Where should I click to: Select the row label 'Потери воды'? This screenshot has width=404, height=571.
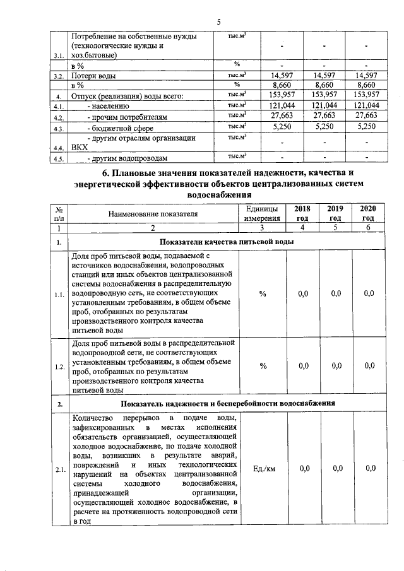coord(93,76)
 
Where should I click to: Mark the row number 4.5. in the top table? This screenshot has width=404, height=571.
coord(59,158)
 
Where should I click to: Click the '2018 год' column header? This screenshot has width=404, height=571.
coord(295,213)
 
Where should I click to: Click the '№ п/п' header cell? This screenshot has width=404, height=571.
coord(58,213)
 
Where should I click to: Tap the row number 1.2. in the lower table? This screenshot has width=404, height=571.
coord(59,366)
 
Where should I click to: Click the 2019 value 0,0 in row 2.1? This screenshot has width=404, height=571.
coord(335,468)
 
